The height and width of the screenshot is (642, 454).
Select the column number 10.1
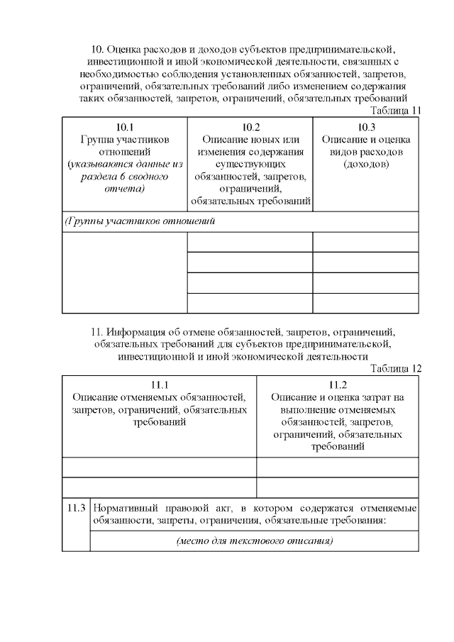point(124,127)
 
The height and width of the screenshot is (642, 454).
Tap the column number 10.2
point(250,127)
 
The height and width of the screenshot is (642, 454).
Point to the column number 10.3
point(366,127)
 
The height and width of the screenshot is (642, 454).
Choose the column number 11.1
point(160,385)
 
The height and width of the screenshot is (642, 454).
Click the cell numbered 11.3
point(76,508)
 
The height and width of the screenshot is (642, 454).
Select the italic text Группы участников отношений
point(140,221)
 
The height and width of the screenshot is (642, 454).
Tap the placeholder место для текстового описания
point(254,541)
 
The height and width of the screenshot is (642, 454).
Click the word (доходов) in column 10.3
point(366,165)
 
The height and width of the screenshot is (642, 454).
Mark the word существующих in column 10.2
point(250,165)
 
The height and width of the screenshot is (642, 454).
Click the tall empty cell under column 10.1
point(124,272)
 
